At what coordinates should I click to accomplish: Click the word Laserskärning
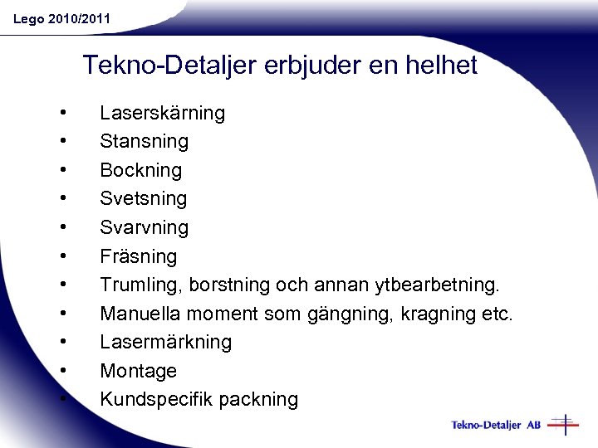click(162, 113)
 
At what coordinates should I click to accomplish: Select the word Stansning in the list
click(144, 141)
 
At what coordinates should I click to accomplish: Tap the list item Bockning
click(140, 170)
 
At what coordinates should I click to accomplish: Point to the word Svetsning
click(143, 198)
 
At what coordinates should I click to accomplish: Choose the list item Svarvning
click(144, 227)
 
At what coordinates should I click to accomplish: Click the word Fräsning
click(138, 256)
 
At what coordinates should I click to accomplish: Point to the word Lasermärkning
click(165, 342)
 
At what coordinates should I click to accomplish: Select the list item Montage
click(138, 371)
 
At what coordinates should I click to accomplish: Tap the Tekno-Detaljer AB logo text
click(496, 425)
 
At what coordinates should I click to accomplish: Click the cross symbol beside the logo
click(564, 425)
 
